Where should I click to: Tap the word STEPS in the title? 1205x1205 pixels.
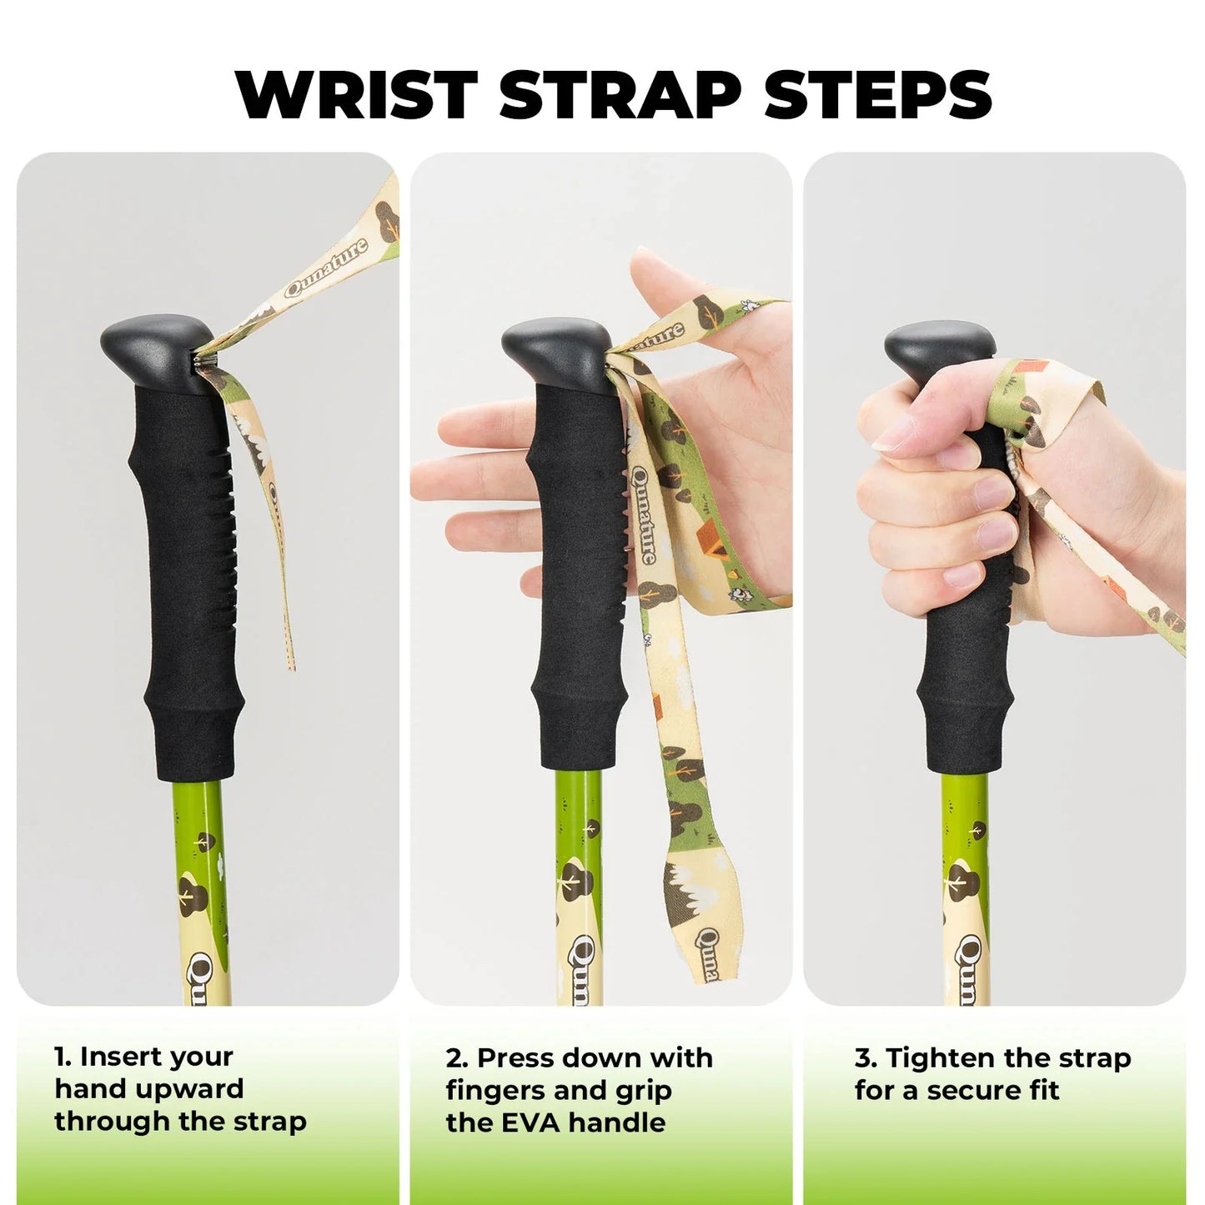(877, 94)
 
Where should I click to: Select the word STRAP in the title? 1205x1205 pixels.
(620, 94)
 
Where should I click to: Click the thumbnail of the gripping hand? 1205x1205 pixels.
(897, 434)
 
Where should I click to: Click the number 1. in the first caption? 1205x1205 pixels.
(63, 1057)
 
